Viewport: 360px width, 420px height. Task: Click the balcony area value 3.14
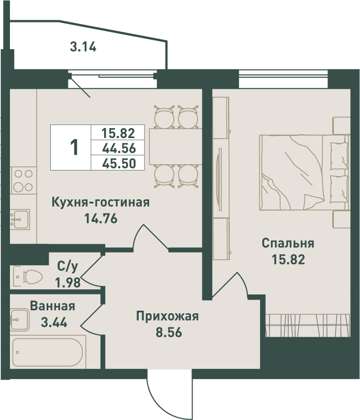tap(83, 47)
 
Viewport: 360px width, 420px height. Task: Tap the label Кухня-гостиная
tap(100, 202)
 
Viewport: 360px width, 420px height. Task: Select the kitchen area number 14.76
tap(101, 219)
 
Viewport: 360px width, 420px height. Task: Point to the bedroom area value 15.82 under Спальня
tap(288, 259)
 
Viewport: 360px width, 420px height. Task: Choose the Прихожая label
tap(167, 316)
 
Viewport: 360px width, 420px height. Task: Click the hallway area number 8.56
tap(169, 332)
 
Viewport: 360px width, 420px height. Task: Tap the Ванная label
tap(52, 306)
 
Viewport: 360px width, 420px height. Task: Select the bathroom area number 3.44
tap(54, 322)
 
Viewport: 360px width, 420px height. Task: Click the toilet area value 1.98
tap(68, 282)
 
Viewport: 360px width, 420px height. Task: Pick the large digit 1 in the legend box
tap(74, 147)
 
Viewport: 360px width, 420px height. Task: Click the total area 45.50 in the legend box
tap(119, 163)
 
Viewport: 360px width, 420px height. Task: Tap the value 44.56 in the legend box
tap(119, 148)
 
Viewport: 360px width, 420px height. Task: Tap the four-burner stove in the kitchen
tap(24, 180)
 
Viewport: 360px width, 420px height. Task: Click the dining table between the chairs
tap(176, 146)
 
